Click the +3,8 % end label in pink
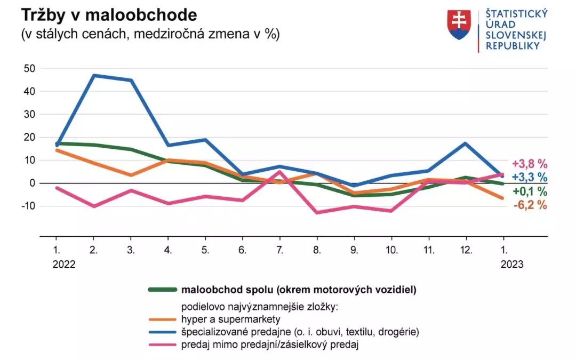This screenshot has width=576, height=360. click(530, 164)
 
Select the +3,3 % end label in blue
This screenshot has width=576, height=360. click(530, 177)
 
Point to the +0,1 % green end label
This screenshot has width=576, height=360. click(530, 191)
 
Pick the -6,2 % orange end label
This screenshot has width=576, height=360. click(530, 205)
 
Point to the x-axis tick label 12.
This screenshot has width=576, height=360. click(466, 250)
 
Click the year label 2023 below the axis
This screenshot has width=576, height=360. click(512, 264)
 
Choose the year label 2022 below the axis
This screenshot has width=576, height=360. click(65, 264)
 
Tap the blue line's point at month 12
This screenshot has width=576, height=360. click(466, 143)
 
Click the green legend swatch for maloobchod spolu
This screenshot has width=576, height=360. click(162, 290)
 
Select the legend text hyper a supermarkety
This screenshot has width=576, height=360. click(231, 319)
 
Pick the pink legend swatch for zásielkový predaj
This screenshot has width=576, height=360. click(162, 345)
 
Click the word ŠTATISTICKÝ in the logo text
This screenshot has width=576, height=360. click(517, 14)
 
